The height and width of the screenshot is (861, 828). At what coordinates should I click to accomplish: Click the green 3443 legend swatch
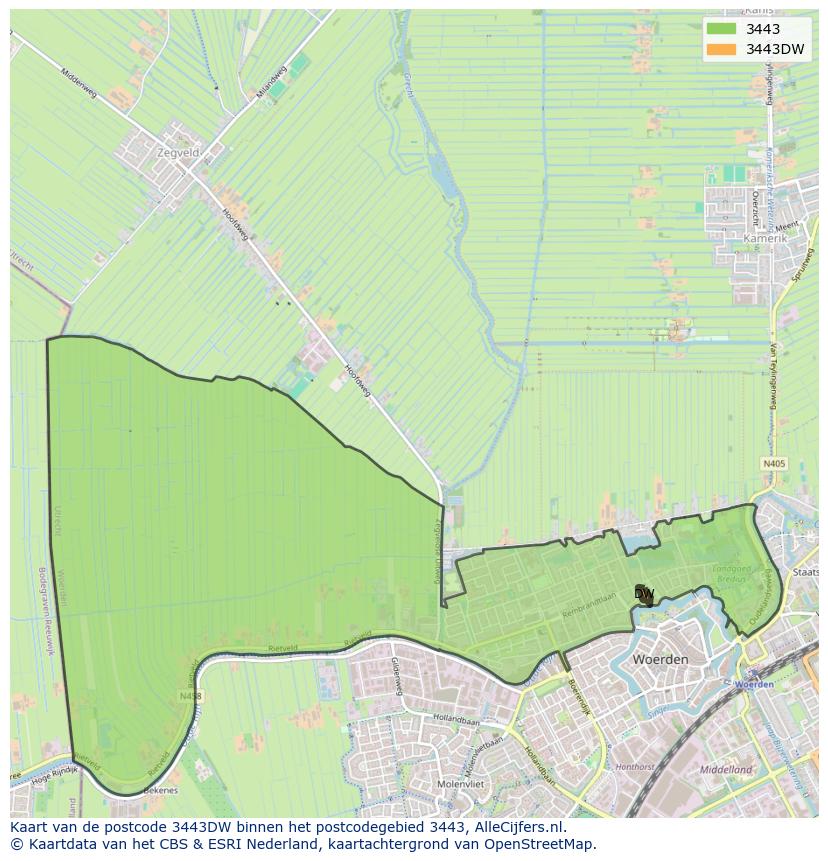(721, 29)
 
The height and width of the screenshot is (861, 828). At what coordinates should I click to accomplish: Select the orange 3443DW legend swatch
(721, 49)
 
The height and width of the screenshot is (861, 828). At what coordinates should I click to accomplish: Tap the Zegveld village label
(178, 153)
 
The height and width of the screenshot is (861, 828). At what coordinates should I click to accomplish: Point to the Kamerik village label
(766, 240)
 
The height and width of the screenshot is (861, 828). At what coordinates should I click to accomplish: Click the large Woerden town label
(660, 660)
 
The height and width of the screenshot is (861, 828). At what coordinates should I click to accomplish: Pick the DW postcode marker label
(644, 594)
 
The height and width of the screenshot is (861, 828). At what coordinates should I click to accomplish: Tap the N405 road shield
(773, 464)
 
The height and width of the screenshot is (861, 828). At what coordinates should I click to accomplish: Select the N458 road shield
(190, 696)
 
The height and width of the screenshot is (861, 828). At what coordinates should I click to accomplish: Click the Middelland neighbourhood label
(726, 770)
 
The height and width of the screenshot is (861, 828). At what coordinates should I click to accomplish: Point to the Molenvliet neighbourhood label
(461, 784)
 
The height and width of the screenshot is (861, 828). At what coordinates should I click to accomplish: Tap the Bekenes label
(159, 790)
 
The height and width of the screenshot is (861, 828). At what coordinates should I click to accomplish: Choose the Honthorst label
(635, 767)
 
